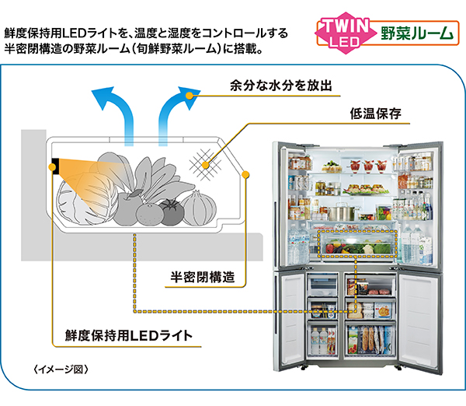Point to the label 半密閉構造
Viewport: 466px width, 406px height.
point(203,277)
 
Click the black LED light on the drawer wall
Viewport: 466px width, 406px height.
point(57,166)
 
